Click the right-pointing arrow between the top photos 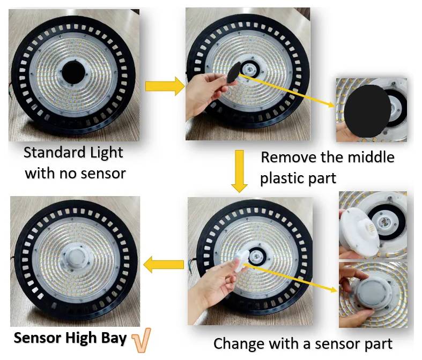pos(164,86)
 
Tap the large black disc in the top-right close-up pos(366,111)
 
